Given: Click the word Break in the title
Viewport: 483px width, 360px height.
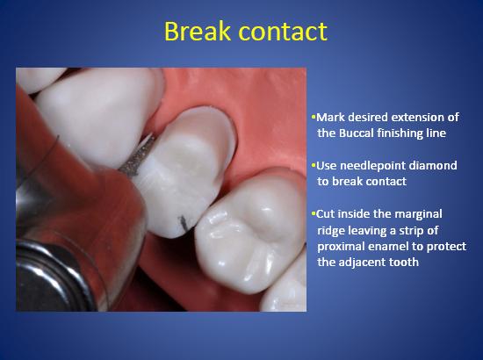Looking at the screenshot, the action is point(198,31).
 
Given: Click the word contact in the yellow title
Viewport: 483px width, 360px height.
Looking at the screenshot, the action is point(283,32).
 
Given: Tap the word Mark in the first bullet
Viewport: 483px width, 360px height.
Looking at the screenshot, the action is point(331,117).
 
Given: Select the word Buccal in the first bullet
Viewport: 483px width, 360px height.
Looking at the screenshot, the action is point(356,133).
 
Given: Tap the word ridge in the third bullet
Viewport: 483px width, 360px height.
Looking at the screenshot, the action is point(332,231).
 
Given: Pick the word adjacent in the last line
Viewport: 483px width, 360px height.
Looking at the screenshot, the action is point(360,263).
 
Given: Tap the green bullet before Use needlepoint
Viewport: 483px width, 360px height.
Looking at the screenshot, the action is point(314,165).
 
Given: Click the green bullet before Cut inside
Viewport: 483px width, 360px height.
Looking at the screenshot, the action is point(314,213).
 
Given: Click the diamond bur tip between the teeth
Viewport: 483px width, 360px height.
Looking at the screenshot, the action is point(151,137).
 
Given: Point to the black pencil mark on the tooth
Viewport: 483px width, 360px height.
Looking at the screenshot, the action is point(184,223).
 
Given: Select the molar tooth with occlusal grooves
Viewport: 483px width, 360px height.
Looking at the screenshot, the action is point(250,232).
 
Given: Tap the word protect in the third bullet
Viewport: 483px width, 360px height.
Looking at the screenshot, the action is point(446,247).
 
